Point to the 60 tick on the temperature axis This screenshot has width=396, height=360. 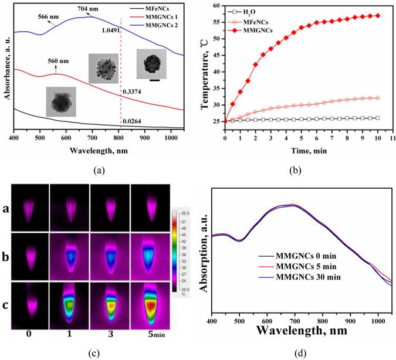pyautogui.click(x=215, y=5)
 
